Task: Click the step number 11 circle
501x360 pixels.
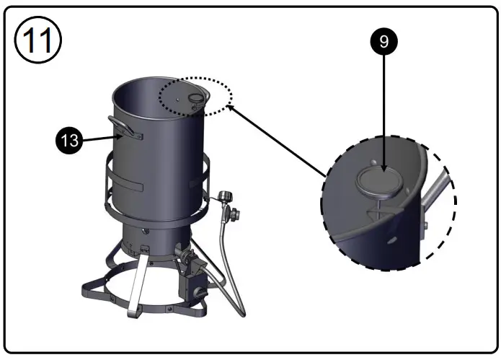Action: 37,40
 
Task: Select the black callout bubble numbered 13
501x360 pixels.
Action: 69,141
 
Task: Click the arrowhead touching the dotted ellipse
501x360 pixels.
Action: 232,107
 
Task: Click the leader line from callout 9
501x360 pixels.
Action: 384,108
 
